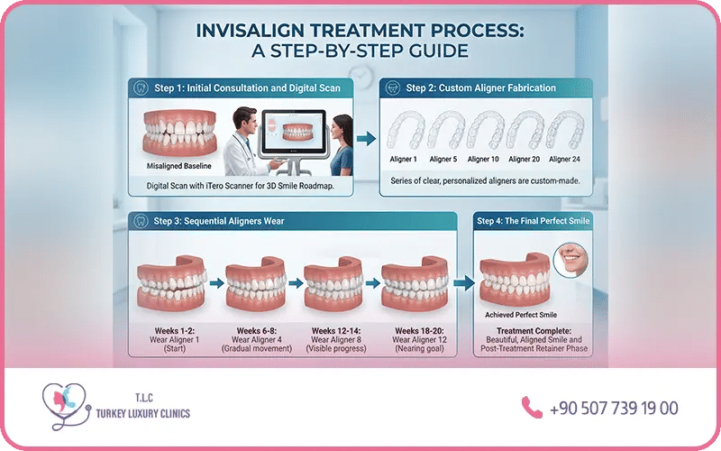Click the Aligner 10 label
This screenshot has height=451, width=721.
(x=483, y=160)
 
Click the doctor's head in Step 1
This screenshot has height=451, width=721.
(x=244, y=121)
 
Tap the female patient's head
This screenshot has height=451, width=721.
(x=342, y=130)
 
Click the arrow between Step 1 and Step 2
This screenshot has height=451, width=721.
(x=367, y=139)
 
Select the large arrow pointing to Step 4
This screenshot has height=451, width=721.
(x=464, y=283)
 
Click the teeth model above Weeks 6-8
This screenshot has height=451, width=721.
(x=256, y=284)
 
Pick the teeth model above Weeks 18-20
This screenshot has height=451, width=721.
(x=415, y=284)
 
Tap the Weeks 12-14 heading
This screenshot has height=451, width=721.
(x=336, y=331)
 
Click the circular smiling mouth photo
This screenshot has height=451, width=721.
(x=571, y=260)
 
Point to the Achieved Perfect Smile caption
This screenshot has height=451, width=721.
(x=521, y=315)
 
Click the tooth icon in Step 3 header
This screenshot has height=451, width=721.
(x=141, y=221)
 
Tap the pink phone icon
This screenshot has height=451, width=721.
(x=532, y=408)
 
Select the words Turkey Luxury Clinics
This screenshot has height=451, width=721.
(x=143, y=413)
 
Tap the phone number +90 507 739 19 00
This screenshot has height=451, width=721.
(x=614, y=409)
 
